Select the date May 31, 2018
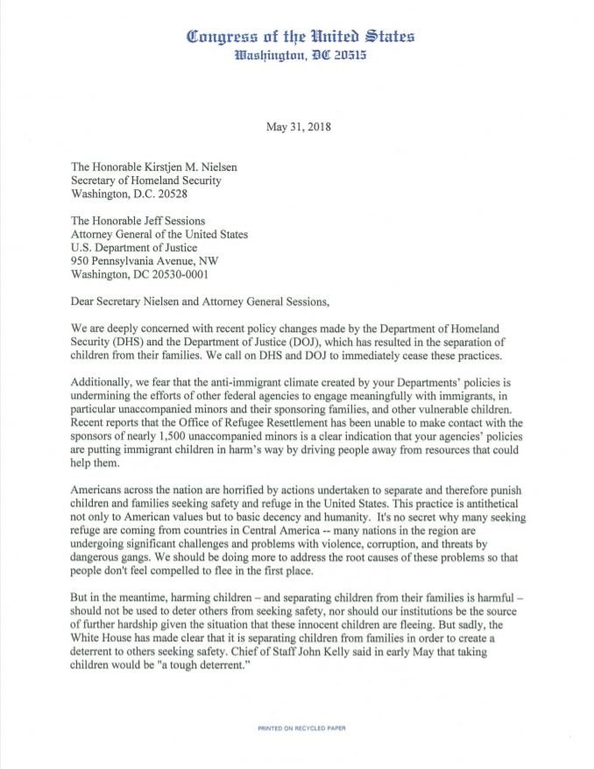point(298,126)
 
